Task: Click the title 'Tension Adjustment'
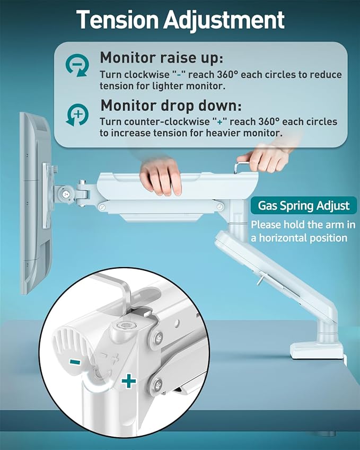click(x=180, y=20)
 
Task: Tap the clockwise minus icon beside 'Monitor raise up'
click(x=77, y=66)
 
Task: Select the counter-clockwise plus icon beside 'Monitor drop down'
click(x=77, y=114)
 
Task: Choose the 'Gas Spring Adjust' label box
click(x=304, y=206)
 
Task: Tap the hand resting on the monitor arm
click(x=161, y=177)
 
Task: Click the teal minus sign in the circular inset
click(x=75, y=362)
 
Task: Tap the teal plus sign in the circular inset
click(x=128, y=381)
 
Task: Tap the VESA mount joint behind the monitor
click(x=69, y=191)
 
